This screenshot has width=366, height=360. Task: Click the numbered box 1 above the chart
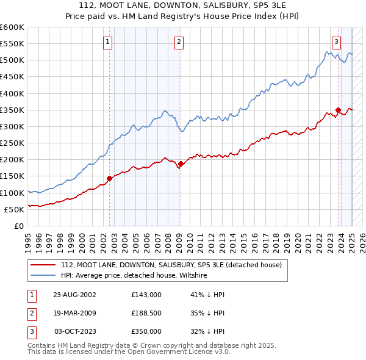click(x=107, y=42)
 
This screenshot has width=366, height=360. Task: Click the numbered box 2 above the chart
click(x=179, y=42)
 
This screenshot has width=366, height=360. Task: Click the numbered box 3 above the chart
click(x=336, y=42)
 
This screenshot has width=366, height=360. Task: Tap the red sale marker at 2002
click(x=110, y=178)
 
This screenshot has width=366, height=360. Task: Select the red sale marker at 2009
click(x=181, y=164)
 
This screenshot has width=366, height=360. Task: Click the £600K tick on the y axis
click(x=12, y=27)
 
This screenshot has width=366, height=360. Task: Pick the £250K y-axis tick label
click(x=12, y=143)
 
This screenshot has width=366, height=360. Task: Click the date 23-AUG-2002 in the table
click(x=74, y=294)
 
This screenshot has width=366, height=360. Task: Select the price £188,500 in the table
click(x=146, y=312)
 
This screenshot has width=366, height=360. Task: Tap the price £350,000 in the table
click(x=146, y=331)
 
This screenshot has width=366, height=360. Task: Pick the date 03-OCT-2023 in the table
click(x=74, y=331)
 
